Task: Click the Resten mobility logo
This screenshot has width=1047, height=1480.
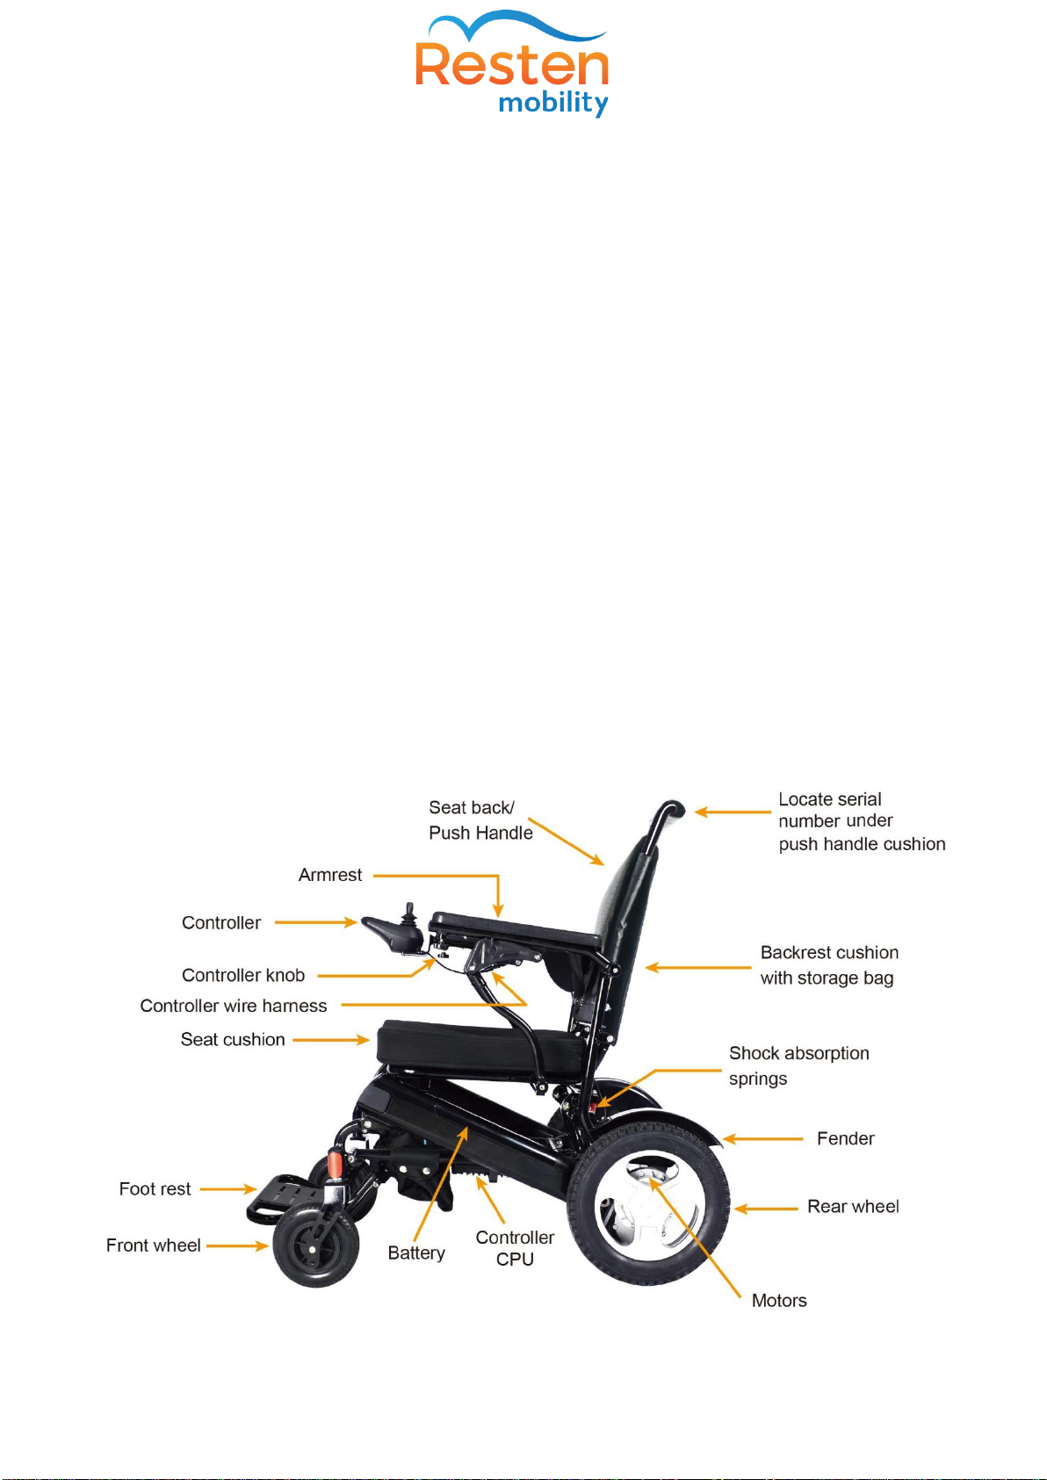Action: click(x=512, y=66)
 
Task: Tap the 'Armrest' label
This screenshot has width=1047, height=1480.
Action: click(x=330, y=875)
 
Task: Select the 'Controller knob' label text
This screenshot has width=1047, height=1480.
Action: click(x=243, y=975)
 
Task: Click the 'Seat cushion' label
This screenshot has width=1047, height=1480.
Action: click(x=233, y=1039)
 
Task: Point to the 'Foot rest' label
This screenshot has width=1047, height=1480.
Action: click(x=155, y=1188)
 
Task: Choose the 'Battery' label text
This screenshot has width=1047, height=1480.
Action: click(x=416, y=1253)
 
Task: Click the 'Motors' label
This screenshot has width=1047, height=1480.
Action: click(x=779, y=1300)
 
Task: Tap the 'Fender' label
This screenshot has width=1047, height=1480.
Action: click(x=845, y=1138)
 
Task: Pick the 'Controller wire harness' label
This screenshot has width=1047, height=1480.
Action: click(x=234, y=1006)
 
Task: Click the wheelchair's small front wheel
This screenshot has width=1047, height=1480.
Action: click(x=315, y=1247)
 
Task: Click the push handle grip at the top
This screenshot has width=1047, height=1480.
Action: click(x=673, y=807)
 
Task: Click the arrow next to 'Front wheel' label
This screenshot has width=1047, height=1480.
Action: click(x=237, y=1245)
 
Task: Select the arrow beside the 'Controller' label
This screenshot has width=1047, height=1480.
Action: click(x=316, y=922)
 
